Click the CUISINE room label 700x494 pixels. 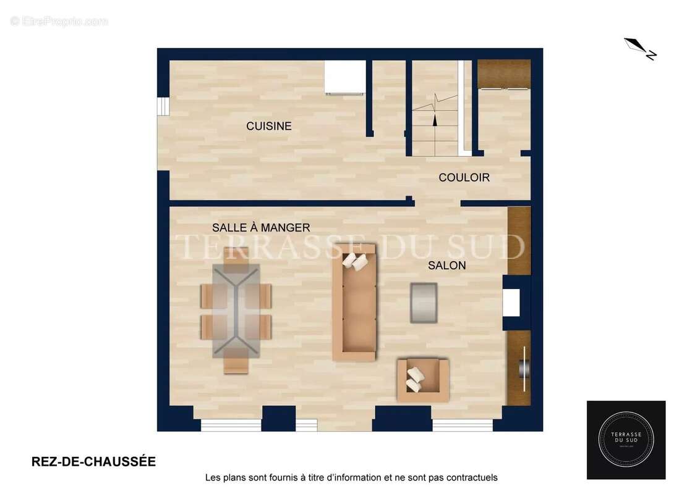(269, 126)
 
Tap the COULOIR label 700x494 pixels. (464, 178)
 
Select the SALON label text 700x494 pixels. (447, 266)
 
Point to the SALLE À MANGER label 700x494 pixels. (261, 228)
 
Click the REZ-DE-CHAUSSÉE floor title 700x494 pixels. (93, 462)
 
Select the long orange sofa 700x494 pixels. (354, 303)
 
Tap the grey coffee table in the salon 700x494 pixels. (424, 303)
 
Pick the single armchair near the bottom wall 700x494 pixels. (423, 380)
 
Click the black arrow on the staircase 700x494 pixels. (435, 120)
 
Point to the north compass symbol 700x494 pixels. (640, 49)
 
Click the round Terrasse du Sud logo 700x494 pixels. (626, 440)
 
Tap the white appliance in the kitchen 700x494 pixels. (344, 77)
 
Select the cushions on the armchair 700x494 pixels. (414, 379)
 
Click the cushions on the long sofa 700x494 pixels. (355, 261)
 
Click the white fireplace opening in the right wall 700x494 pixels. (511, 303)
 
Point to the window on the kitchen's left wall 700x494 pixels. (163, 106)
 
